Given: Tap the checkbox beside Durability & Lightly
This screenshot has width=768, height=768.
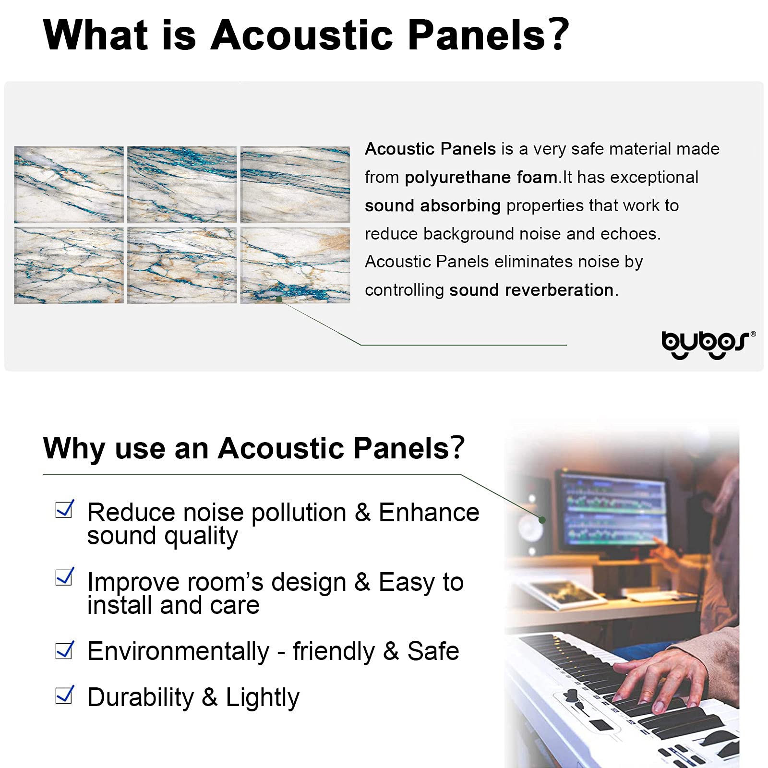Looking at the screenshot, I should [x=64, y=695].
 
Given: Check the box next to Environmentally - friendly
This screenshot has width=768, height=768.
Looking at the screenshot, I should [x=64, y=650].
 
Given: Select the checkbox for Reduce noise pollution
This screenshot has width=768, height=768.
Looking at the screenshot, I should [x=64, y=510].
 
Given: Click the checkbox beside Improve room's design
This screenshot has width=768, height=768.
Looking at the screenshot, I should [x=64, y=577].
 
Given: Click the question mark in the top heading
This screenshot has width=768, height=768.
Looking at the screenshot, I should [x=558, y=35].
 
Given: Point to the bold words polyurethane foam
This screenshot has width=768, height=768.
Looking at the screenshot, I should [x=480, y=178].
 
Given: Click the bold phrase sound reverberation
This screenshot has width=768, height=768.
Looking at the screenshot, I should [x=531, y=290].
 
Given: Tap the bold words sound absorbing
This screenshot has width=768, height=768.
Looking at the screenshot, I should [x=432, y=206].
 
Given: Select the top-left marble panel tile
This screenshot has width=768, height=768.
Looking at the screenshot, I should [x=69, y=184].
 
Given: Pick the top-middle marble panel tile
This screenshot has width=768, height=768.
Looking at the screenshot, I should [x=182, y=184].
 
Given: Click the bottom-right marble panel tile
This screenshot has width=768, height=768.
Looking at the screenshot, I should [x=295, y=265].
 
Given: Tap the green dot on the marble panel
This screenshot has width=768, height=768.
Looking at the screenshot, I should [x=279, y=299].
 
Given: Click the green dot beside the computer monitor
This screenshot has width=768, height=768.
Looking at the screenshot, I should [x=542, y=520].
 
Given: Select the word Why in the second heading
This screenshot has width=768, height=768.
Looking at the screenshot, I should [x=73, y=449].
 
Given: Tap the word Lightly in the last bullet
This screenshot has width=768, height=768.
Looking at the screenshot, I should [x=262, y=697].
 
